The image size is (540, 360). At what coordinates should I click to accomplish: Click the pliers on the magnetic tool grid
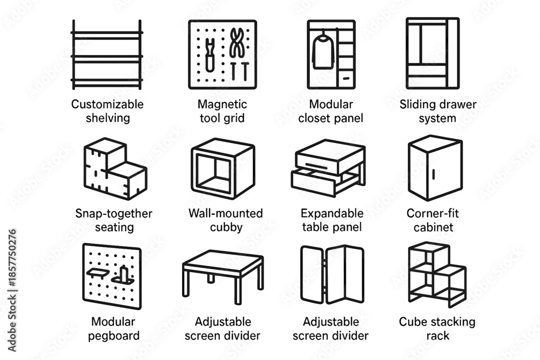237,43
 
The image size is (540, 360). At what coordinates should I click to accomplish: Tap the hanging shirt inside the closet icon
323,52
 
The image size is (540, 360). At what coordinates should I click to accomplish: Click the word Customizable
107,104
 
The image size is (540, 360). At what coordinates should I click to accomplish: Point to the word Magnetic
222,104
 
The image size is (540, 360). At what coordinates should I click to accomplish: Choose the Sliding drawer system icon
433,53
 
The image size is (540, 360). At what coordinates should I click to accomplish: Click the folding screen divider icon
332,275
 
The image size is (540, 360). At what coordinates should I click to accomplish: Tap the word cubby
226,227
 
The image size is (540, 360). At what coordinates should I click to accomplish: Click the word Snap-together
113,213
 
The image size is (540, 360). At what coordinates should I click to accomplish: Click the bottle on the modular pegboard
124,274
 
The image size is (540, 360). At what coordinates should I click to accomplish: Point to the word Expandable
332,213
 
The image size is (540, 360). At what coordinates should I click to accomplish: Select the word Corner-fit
433,213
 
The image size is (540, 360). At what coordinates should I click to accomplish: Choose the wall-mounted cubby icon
223,168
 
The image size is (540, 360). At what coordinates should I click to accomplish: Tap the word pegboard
113,336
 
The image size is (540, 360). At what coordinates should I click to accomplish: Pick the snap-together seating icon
116,168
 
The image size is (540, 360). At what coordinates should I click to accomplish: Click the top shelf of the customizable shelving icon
107,33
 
